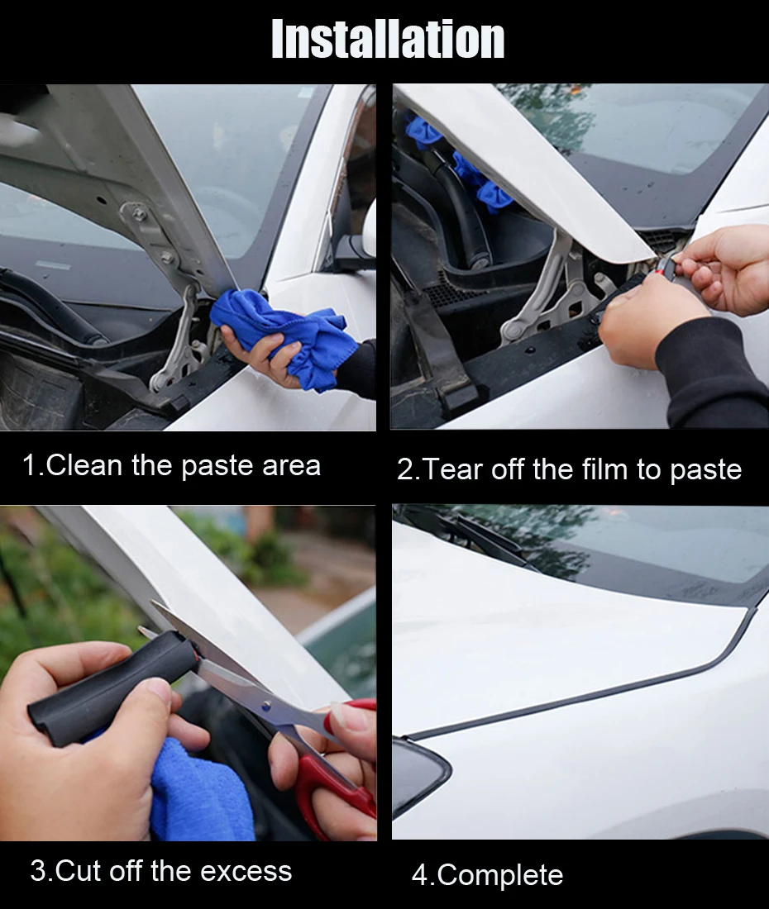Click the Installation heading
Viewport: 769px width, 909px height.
click(x=388, y=39)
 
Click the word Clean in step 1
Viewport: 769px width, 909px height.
click(x=84, y=465)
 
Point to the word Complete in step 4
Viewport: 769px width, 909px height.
click(x=500, y=875)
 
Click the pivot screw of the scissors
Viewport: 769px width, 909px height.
click(x=266, y=706)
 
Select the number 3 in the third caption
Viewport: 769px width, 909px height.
click(x=37, y=871)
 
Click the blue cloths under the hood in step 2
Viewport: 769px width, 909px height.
click(x=458, y=165)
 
